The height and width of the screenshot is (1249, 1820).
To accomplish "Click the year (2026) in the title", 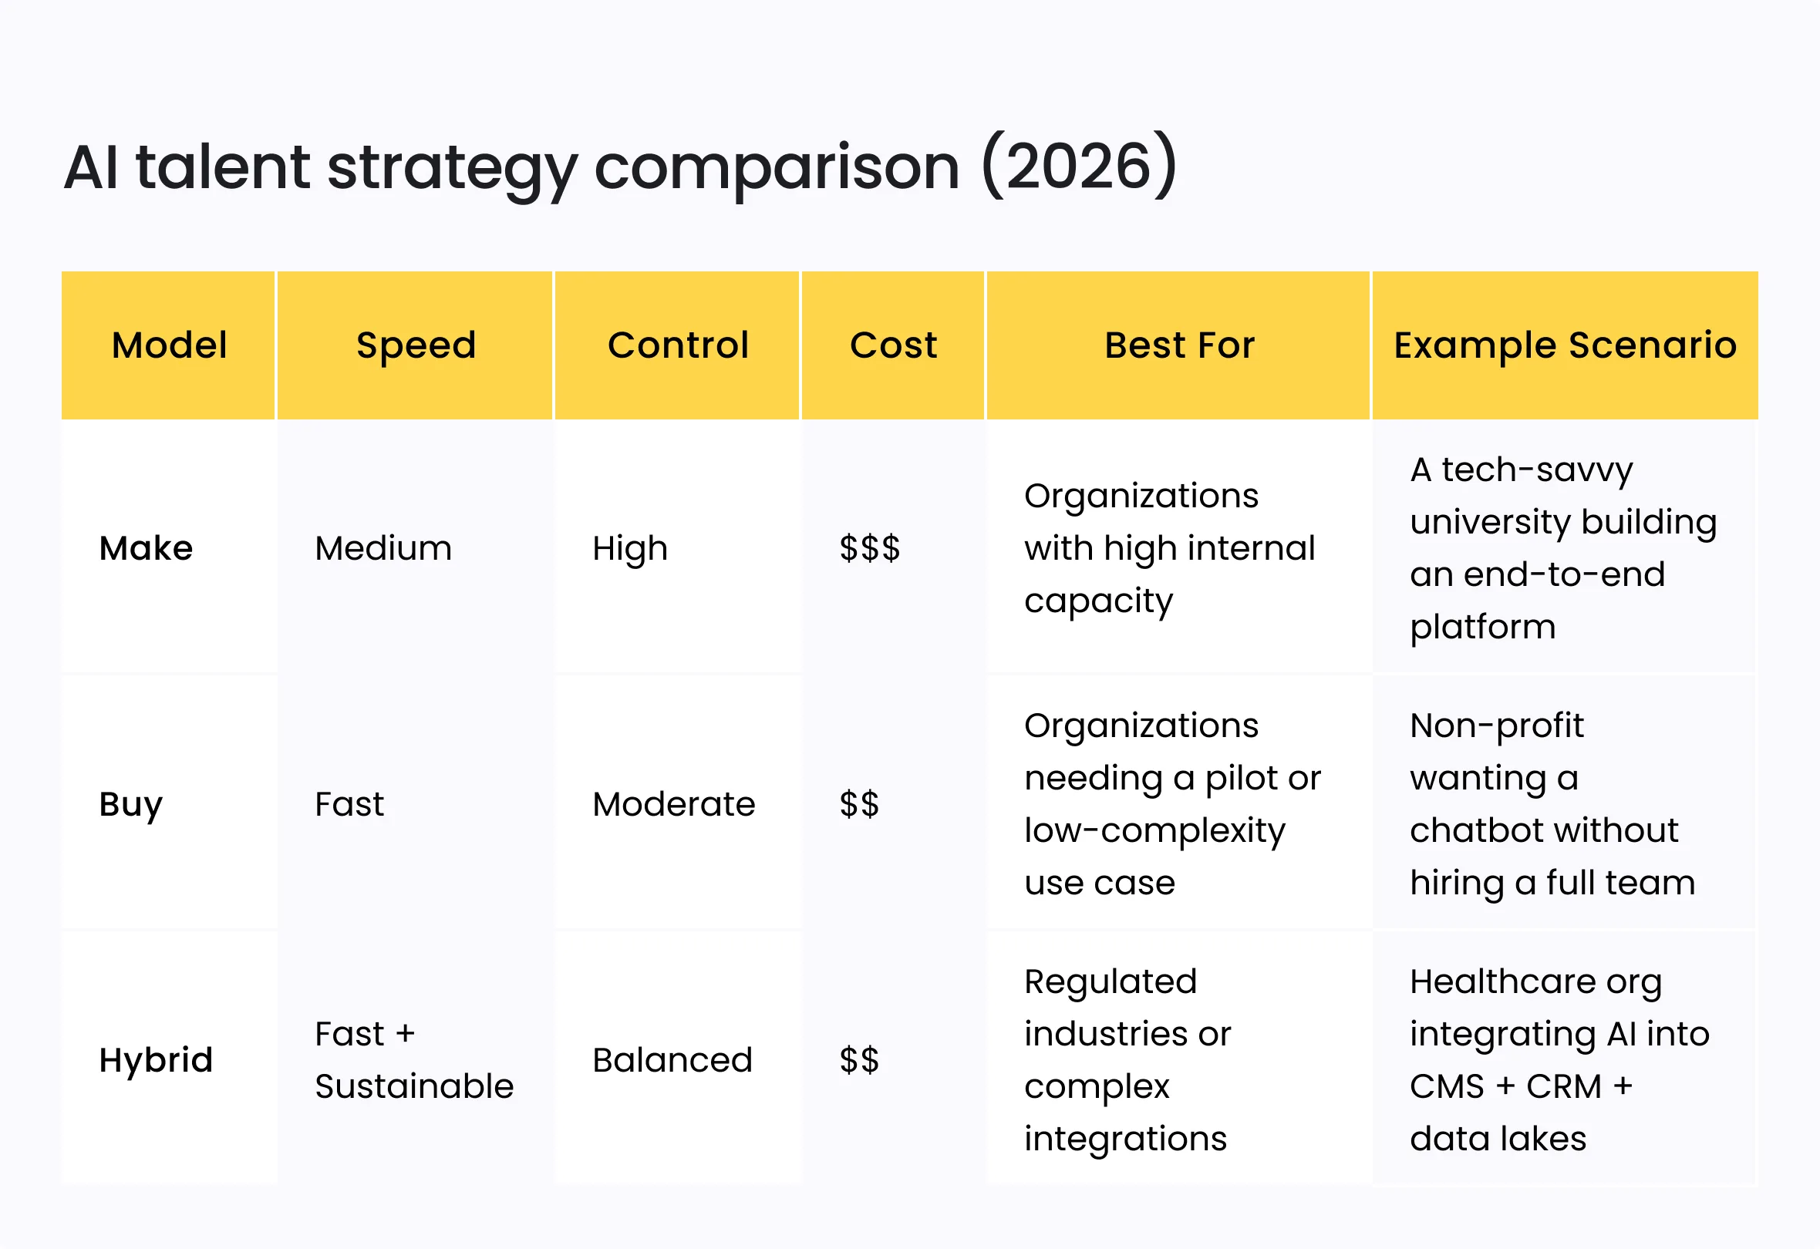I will [x=1079, y=166].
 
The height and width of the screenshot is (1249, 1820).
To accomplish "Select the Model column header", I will [x=169, y=345].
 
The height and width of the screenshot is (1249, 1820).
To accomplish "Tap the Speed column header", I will [x=416, y=345].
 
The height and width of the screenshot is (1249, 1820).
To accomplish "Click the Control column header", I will [x=678, y=345].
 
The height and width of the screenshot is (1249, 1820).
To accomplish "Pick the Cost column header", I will [x=894, y=345].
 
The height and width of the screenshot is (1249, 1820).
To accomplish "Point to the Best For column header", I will [x=1179, y=345].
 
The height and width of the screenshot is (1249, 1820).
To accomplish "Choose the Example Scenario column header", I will [x=1565, y=345].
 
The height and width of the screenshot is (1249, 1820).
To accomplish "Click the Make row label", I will [x=146, y=548].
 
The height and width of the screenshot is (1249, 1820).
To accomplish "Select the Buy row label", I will [x=131, y=804].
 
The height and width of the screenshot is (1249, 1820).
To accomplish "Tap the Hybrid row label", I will [x=156, y=1060].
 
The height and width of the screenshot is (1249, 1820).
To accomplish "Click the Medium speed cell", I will [x=383, y=548].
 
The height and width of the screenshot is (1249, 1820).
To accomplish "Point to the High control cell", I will [x=629, y=548].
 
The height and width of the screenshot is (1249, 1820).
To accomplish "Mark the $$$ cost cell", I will [x=869, y=548].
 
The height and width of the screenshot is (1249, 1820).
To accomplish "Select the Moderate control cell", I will [x=673, y=804].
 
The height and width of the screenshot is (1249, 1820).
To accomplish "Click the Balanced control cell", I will [x=672, y=1060].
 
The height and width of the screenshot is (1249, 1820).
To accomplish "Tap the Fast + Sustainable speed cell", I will [x=413, y=1060].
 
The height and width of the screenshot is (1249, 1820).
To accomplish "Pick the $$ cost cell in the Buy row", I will [x=859, y=804].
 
